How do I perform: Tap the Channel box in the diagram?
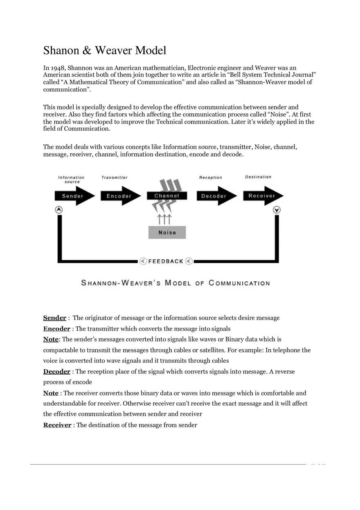pos(167,196)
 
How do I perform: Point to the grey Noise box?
pos(167,232)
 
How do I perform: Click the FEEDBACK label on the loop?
pos(166,261)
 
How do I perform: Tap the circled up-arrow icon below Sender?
pos(59,209)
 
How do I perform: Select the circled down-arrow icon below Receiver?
pos(277,209)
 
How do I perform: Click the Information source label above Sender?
pos(71,179)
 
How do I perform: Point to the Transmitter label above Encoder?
pos(115,177)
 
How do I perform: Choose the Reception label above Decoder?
pos(211,177)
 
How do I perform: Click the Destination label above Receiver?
pos(258,177)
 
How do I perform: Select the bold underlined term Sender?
pos(54,318)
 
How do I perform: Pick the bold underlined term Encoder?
pos(57,328)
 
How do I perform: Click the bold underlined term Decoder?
pos(57,371)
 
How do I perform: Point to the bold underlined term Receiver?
pos(57,425)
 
